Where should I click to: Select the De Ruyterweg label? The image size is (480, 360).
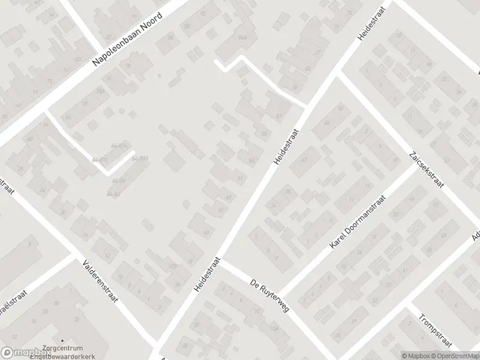(269, 295)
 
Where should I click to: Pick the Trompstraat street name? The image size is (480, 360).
(434, 328)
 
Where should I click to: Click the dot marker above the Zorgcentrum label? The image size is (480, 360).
(62, 340)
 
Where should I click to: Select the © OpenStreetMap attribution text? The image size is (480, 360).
(448, 355)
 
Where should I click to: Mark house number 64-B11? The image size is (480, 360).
(100, 160)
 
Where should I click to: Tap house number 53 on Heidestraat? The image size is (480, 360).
(251, 160)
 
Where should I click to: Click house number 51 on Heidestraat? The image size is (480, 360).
(241, 178)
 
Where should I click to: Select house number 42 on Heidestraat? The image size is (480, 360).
(304, 160)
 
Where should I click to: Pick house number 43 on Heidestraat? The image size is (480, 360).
(206, 232)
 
